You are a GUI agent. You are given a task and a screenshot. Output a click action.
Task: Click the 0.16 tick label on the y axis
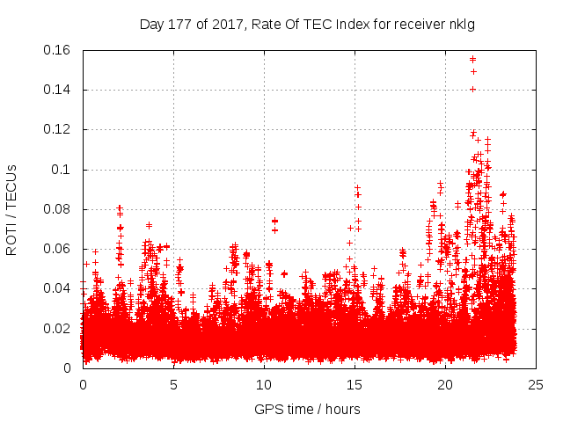point(58,50)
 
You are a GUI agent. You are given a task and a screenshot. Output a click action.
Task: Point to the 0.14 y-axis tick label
point(58,90)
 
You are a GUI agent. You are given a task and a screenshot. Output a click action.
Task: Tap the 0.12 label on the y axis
point(58,129)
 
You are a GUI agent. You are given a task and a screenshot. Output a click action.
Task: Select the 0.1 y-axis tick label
point(63,170)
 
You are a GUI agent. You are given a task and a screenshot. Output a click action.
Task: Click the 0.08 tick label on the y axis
point(58,209)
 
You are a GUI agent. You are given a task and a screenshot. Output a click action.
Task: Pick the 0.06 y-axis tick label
point(58,249)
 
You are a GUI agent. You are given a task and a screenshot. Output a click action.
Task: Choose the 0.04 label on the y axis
point(58,288)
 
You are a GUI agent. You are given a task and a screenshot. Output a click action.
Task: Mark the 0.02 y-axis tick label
point(58,329)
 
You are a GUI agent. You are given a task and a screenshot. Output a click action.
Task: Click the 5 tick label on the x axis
point(173,384)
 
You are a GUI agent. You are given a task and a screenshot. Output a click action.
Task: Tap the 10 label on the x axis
point(264,384)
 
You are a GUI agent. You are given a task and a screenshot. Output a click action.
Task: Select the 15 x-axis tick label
point(355,384)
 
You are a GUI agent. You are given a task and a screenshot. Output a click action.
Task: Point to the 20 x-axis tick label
point(445,384)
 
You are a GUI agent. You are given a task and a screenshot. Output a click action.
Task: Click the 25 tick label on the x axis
point(536,384)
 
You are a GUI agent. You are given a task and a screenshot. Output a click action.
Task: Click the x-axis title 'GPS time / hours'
point(307,409)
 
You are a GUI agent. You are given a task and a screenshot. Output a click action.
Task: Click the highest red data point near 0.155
point(473,60)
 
